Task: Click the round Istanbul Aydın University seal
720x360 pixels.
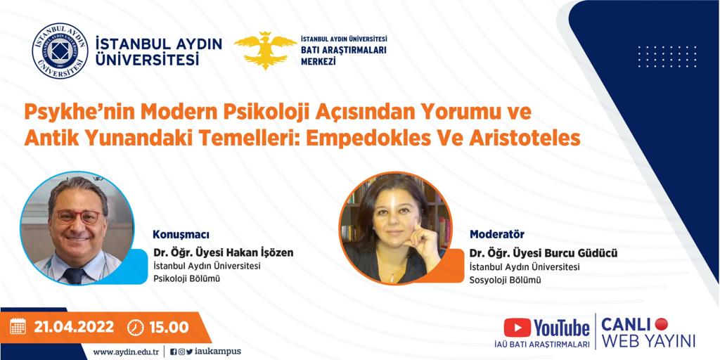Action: click(x=60, y=51)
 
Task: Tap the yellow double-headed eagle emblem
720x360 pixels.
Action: click(x=265, y=50)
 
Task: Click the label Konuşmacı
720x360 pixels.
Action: click(x=181, y=235)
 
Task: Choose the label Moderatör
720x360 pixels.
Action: click(x=497, y=235)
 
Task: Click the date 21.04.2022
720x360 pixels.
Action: click(x=73, y=327)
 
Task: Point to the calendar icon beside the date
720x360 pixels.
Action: click(x=18, y=326)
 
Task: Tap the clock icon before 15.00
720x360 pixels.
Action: click(x=135, y=327)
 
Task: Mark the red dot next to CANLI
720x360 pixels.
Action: click(x=661, y=324)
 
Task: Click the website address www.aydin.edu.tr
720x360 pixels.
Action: click(x=126, y=352)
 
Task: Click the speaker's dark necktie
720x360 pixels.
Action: click(x=74, y=276)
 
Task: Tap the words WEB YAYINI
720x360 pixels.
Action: click(x=648, y=341)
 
